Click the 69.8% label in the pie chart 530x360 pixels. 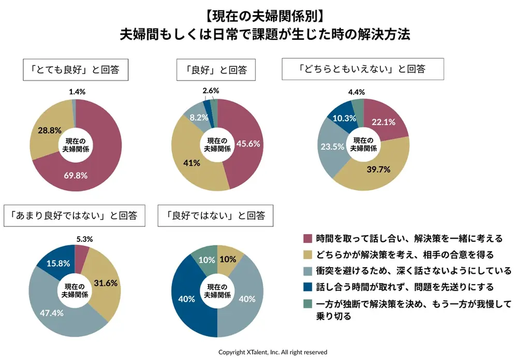click(x=76, y=175)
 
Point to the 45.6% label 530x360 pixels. click(x=248, y=143)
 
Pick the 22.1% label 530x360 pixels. click(x=384, y=122)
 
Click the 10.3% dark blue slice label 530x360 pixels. click(x=344, y=118)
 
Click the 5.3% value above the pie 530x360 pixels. click(x=83, y=239)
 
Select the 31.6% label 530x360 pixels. click(x=105, y=283)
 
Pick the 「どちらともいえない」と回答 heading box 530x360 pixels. click(x=362, y=69)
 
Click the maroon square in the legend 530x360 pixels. click(x=307, y=239)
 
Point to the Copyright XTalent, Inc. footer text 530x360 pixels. click(x=273, y=352)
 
